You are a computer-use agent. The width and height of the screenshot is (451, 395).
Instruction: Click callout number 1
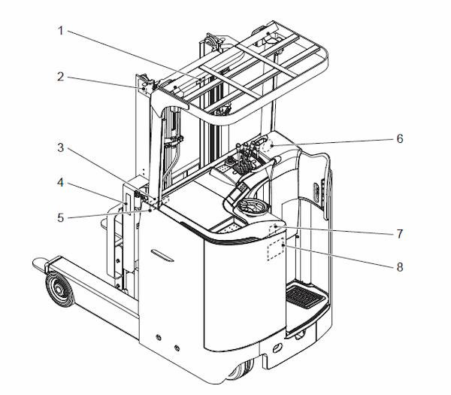(x=62, y=32)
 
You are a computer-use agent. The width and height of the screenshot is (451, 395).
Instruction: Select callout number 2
(x=62, y=76)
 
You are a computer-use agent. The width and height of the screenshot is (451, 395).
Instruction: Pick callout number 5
(x=62, y=218)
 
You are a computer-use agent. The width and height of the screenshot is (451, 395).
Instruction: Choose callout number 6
(x=400, y=138)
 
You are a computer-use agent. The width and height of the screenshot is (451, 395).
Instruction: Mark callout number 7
(x=400, y=232)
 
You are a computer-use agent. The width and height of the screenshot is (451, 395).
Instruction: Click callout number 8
(x=400, y=266)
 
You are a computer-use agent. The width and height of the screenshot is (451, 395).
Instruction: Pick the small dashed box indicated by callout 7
(x=277, y=228)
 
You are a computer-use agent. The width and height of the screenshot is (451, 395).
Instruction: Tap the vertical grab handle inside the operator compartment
(x=324, y=187)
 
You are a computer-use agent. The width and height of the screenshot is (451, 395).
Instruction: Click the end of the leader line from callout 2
(x=143, y=90)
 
